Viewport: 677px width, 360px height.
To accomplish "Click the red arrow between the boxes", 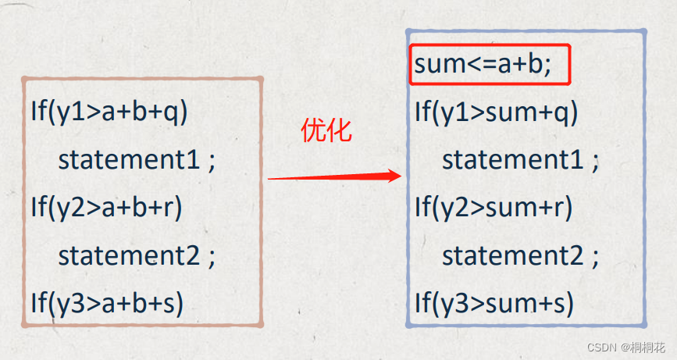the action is tap(334, 177).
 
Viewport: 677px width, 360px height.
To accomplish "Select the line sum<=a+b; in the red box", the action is tap(483, 64).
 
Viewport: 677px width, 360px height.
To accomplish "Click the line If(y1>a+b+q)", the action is tap(109, 112).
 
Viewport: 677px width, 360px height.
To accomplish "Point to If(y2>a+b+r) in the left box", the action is tap(105, 207).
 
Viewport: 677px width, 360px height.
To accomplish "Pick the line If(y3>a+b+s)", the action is tap(107, 302).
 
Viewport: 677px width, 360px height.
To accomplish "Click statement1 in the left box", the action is tap(128, 159).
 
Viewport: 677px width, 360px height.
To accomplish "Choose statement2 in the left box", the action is tap(128, 255).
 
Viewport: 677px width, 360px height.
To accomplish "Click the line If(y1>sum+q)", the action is tap(496, 112).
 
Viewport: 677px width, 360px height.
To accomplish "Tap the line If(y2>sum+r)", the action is tap(493, 207).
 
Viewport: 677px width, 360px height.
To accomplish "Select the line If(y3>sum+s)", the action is tap(494, 302).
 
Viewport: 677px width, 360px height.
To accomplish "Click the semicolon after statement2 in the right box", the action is tap(595, 256).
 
